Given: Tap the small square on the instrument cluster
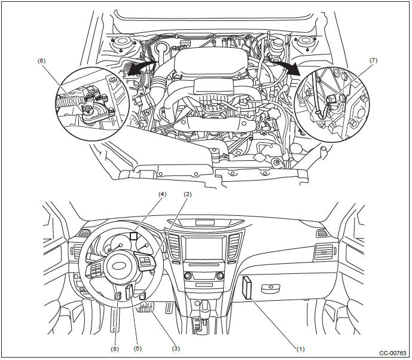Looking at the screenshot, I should coord(134,236).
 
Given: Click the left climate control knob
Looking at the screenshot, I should coord(189,276).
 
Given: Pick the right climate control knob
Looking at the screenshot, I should coord(220,276).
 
